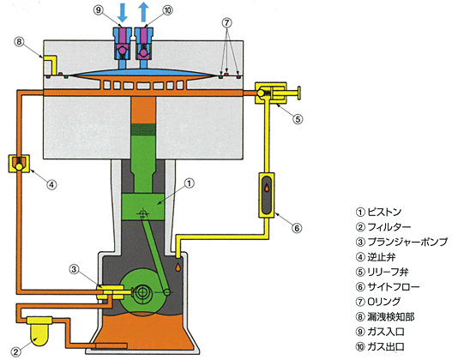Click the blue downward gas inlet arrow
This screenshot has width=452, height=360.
pyautogui.click(x=123, y=13)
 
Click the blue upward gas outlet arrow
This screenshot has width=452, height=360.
pyautogui.click(x=143, y=13)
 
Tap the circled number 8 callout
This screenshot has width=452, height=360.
pyautogui.click(x=19, y=42)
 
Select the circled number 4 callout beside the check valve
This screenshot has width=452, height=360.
pyautogui.click(x=51, y=184)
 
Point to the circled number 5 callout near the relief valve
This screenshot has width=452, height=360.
pyautogui.click(x=298, y=119)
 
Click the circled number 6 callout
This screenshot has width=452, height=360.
pyautogui.click(x=297, y=228)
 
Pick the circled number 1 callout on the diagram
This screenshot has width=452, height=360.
pyautogui.click(x=189, y=183)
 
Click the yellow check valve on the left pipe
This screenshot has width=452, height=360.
pyautogui.click(x=19, y=164)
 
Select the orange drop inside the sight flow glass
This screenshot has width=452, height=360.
pyautogui.click(x=268, y=188)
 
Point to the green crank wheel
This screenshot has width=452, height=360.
pyautogui.click(x=142, y=291)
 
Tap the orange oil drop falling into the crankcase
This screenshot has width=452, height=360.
pyautogui.click(x=179, y=267)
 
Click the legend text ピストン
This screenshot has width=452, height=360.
pyautogui.click(x=384, y=213)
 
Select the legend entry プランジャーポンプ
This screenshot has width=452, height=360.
pyautogui.click(x=407, y=242)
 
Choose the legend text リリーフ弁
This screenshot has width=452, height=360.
pyautogui.click(x=388, y=272)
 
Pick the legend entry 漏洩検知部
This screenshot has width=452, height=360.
pyautogui.click(x=391, y=317)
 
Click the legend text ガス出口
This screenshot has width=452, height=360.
pyautogui.click(x=386, y=347)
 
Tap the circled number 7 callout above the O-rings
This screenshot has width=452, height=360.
pyautogui.click(x=227, y=22)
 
